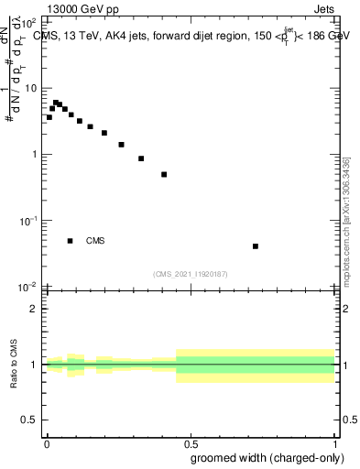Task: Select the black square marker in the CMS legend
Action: (x=70, y=241)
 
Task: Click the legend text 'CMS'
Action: (x=95, y=241)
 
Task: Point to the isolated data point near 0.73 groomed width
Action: (x=256, y=246)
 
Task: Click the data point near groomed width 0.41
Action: (x=164, y=174)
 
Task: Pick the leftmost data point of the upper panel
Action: (x=49, y=117)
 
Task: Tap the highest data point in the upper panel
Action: (x=56, y=103)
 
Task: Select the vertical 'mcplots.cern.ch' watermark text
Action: (x=346, y=220)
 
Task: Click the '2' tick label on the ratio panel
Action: (x=35, y=309)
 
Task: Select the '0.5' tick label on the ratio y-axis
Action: (x=29, y=420)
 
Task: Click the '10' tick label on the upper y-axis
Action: (x=29, y=88)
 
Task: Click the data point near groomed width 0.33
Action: (x=141, y=158)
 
